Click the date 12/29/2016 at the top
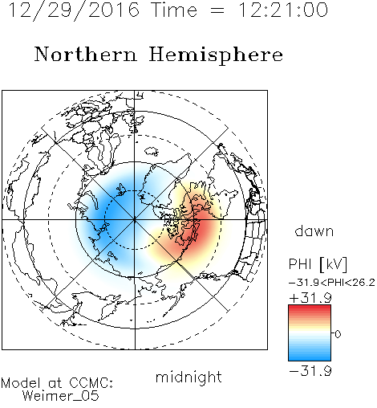tap(74, 10)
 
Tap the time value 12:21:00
tap(282, 10)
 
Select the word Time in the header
tap(174, 10)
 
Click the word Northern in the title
tap(86, 54)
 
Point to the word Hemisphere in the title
tap(216, 55)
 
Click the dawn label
tap(314, 231)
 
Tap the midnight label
tap(188, 377)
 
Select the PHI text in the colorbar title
tap(300, 264)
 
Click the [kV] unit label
tap(334, 264)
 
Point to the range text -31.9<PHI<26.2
tap(332, 283)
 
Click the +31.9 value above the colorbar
tap(310, 297)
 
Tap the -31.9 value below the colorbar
tap(310, 371)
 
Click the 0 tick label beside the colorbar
tap(338, 334)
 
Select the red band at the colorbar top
tap(310, 308)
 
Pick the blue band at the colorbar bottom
tap(310, 357)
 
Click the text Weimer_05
tap(61, 396)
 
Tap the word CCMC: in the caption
tap(91, 383)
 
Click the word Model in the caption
tap(21, 383)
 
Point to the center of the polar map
tap(135, 220)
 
